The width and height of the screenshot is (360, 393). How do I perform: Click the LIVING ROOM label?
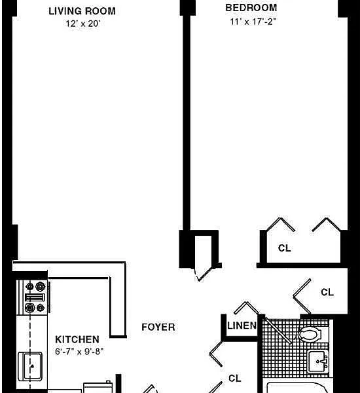[x=82, y=11]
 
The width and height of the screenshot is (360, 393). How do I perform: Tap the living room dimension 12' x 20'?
[x=83, y=24]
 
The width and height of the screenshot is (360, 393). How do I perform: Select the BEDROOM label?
[x=251, y=8]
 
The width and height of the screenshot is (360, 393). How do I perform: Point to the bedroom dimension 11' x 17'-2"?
[x=253, y=22]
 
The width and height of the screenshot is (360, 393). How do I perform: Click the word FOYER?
[x=158, y=327]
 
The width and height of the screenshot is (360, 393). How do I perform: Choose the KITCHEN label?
[x=77, y=339]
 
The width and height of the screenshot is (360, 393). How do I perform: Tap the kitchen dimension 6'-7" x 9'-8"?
[x=79, y=351]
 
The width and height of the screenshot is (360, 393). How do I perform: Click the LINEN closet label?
[x=242, y=326]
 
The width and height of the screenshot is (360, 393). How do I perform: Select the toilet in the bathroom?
[x=310, y=334]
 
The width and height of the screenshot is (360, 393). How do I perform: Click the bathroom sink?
[x=318, y=362]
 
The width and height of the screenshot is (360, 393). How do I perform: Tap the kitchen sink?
[x=30, y=366]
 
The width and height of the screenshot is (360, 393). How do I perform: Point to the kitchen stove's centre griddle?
[x=35, y=297]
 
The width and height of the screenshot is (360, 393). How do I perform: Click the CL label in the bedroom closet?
[x=285, y=248]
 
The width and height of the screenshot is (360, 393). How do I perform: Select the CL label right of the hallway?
[x=327, y=292]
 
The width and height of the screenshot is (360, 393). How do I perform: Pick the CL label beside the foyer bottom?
[x=235, y=378]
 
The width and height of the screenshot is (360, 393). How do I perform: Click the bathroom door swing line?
[x=278, y=331]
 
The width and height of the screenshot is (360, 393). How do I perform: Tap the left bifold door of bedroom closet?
[x=281, y=224]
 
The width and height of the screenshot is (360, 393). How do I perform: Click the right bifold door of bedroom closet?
[x=327, y=224]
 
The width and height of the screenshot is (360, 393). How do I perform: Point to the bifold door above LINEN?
[x=246, y=307]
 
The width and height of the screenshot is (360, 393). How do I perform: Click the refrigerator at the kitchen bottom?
[x=98, y=387]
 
